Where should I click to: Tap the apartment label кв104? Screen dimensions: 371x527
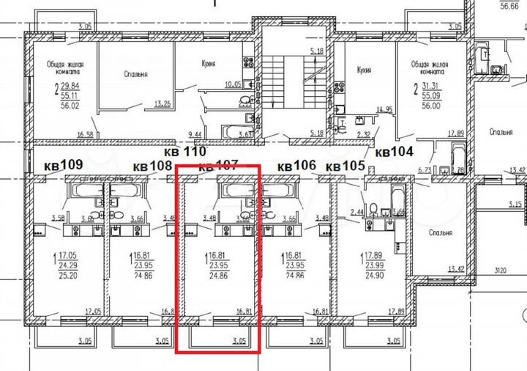[x=395, y=153]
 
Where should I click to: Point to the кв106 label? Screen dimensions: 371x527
[x=296, y=166]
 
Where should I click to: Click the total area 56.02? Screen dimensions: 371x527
[x=70, y=104]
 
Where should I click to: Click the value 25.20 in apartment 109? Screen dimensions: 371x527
[x=67, y=278]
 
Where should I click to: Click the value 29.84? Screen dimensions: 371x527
[x=70, y=85]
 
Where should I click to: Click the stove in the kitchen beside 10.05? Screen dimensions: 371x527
[x=249, y=62]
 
